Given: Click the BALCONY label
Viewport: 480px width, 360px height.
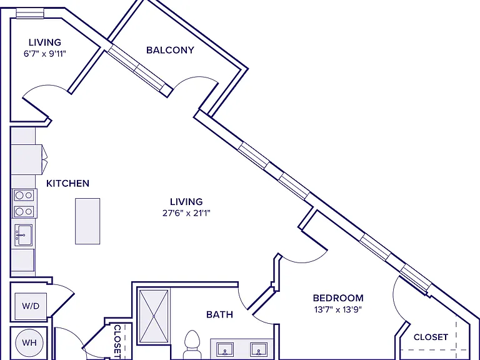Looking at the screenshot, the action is (x=170, y=50).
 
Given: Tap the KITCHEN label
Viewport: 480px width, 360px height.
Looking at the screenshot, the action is (x=67, y=183).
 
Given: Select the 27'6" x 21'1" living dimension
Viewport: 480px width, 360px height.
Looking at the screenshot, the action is (x=186, y=212).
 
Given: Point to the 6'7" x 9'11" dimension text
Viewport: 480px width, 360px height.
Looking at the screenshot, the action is (x=45, y=54).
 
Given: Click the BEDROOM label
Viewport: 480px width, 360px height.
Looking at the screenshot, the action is (x=338, y=298).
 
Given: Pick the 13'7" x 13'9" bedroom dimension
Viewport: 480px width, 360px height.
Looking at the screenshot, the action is (x=338, y=309).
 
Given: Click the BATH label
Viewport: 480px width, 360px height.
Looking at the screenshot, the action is (x=219, y=314).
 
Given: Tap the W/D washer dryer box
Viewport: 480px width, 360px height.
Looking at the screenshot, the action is (x=31, y=306).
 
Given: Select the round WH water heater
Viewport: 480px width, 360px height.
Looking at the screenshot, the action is (x=29, y=342).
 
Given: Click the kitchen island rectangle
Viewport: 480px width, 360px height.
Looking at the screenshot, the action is (x=87, y=221).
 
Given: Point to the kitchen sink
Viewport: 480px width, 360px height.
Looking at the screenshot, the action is (x=24, y=235).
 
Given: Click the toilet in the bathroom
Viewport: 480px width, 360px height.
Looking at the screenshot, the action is (x=192, y=344).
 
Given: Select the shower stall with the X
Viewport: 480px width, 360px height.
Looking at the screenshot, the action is (x=154, y=316).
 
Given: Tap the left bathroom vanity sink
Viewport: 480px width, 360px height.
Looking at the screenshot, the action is (x=225, y=349).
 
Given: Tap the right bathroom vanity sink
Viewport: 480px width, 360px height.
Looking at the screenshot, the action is (x=259, y=349).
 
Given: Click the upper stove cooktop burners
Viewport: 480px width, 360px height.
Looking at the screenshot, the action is (x=24, y=195).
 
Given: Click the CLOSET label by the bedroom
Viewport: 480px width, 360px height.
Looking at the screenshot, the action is (x=431, y=337).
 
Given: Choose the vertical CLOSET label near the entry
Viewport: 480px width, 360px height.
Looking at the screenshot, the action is (x=117, y=342).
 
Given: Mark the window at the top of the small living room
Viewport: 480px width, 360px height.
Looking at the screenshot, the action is (x=30, y=13).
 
